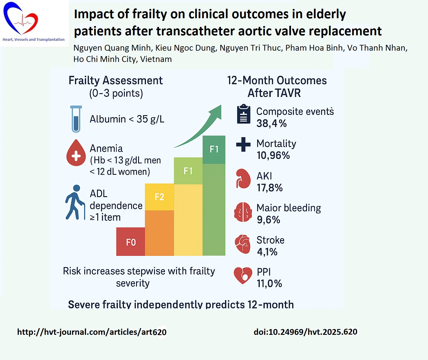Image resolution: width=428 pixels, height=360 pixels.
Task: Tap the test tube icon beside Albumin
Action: [76, 119]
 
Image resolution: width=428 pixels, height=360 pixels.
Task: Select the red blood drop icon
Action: [76, 153]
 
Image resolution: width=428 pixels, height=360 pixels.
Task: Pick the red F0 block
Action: [131, 242]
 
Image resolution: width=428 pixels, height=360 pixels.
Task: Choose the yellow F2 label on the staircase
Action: [159, 197]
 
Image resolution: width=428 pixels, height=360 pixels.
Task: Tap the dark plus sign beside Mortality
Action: [243, 144]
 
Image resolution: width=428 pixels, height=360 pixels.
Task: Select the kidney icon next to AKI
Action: [243, 178]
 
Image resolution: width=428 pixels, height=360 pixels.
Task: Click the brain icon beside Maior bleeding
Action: [243, 212]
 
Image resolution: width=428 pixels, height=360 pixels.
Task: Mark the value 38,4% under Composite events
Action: [271, 124]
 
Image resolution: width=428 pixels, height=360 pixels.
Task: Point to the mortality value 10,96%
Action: [273, 155]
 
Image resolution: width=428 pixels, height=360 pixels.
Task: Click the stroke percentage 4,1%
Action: [267, 252]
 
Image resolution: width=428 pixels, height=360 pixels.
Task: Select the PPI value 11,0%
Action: [269, 284]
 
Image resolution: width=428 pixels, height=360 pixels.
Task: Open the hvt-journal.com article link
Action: [92, 332]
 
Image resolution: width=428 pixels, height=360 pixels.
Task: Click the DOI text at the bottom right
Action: [305, 332]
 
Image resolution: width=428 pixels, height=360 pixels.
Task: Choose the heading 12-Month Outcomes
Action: [277, 80]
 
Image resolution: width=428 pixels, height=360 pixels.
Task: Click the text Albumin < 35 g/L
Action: [127, 119]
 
